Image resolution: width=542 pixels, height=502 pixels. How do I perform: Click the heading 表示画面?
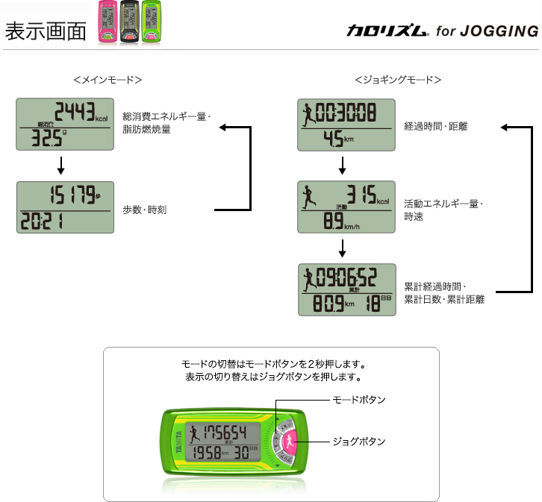coord(45,31)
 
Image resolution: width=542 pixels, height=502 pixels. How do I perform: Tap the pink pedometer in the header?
coord(108,23)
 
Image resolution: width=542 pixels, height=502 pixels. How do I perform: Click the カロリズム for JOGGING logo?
coord(442,31)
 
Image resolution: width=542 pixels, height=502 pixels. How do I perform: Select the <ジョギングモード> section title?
coord(397,80)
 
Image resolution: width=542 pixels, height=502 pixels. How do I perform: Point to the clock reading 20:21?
coord(42,221)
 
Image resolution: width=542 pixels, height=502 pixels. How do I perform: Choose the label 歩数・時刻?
coord(145,210)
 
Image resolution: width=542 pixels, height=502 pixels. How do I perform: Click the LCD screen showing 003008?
coord(345,124)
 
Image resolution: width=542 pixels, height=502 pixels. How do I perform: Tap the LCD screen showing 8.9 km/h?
coord(345,207)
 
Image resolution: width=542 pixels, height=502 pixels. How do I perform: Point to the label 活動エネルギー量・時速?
coord(443,209)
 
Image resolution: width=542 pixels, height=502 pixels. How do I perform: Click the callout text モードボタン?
coord(358,401)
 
